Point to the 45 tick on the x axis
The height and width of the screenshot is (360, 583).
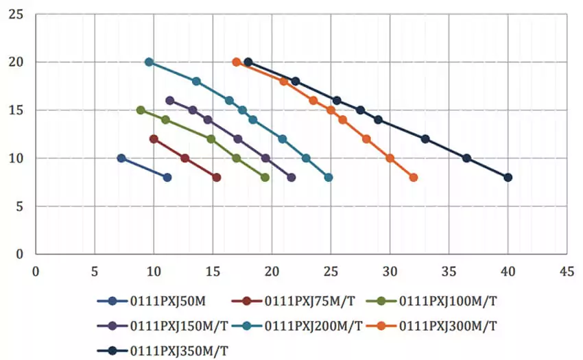(566, 271)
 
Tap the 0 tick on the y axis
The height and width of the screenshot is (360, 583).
(20, 254)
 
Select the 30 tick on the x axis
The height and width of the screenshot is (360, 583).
(390, 271)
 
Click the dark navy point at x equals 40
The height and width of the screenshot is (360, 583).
(508, 178)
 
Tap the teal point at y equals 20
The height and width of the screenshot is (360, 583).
(149, 62)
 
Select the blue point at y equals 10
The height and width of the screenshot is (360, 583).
(121, 158)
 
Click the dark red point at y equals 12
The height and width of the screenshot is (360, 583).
(154, 139)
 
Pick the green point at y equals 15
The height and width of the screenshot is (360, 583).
(141, 110)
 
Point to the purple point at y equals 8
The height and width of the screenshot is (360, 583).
(291, 178)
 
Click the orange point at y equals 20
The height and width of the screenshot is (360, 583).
(237, 62)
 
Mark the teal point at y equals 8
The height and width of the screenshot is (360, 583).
(329, 178)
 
